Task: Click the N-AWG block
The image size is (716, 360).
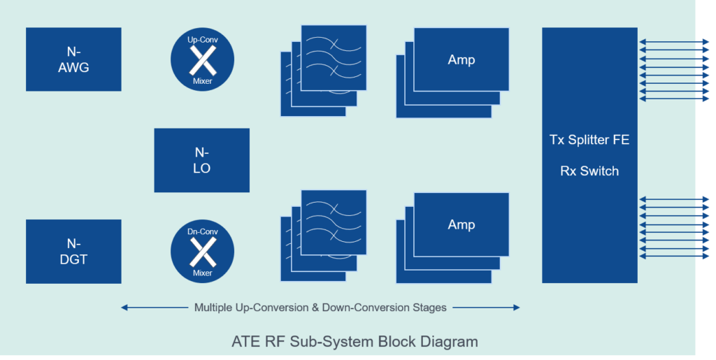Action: click(73, 60)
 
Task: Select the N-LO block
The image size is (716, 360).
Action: click(201, 160)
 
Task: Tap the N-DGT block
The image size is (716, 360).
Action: click(73, 252)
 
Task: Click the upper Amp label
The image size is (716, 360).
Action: click(461, 60)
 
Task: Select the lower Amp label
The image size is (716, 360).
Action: click(461, 224)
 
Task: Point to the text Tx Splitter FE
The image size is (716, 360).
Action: click(589, 140)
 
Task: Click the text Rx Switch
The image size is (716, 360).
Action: click(589, 171)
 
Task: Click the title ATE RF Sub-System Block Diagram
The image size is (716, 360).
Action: click(355, 342)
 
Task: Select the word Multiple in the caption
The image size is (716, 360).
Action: click(214, 307)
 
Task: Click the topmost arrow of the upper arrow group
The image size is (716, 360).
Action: click(675, 42)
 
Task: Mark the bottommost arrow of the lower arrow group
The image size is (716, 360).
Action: click(675, 257)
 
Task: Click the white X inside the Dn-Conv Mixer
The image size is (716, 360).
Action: click(202, 252)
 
